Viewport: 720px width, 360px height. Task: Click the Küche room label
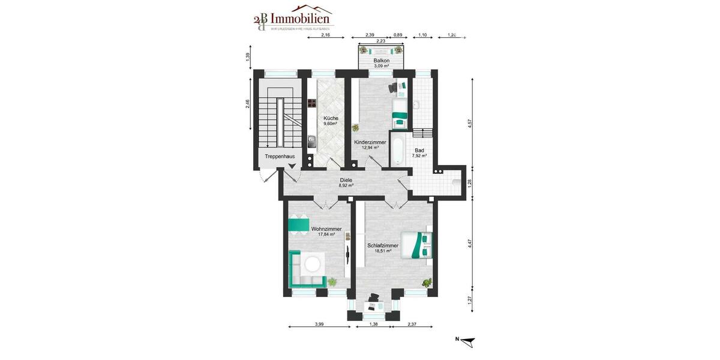331,118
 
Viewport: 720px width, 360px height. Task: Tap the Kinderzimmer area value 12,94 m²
370,147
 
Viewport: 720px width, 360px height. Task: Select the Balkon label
382,61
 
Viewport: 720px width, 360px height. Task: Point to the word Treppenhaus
280,157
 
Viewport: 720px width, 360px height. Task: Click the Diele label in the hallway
346,179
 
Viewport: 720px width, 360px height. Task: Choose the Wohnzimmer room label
326,229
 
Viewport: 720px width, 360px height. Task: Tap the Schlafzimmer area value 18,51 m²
379,251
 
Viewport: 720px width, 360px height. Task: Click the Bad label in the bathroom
419,150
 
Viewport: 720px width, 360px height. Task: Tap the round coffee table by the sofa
313,264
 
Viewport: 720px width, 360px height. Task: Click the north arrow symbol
468,341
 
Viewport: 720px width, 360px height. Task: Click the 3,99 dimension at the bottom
319,325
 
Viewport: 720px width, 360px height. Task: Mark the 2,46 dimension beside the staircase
248,104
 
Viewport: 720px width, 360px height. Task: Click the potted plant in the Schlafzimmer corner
427,282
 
